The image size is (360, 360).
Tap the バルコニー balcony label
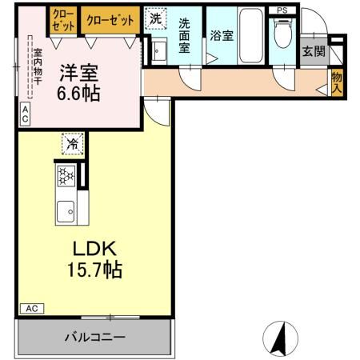[95, 337]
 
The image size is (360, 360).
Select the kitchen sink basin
[66, 211]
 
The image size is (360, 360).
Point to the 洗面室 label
[186, 35]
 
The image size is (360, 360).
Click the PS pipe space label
[281, 10]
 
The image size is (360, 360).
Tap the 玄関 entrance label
[314, 52]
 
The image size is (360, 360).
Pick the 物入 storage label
[337, 82]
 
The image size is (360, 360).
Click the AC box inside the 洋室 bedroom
[25, 114]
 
